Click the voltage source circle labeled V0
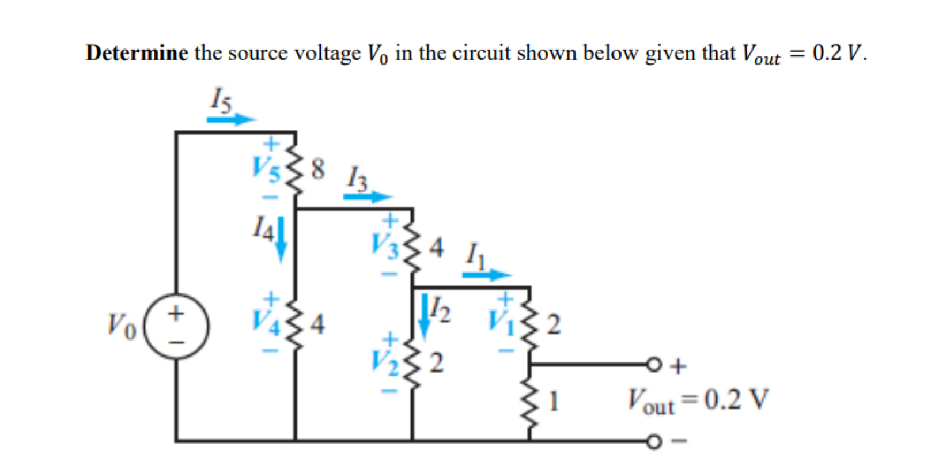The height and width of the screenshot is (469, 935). click(x=176, y=327)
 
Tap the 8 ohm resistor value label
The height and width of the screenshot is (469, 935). click(x=318, y=169)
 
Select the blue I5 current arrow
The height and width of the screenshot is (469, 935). click(x=231, y=119)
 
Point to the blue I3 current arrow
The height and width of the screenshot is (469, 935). click(x=367, y=196)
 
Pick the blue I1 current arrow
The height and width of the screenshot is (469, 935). click(x=486, y=275)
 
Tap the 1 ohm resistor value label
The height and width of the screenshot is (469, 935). click(x=554, y=401)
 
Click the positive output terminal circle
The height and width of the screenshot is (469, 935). click(x=653, y=365)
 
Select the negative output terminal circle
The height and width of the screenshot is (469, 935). click(x=653, y=442)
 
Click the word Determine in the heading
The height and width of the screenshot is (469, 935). click(x=137, y=53)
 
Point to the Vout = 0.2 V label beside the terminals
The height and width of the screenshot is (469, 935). click(x=698, y=400)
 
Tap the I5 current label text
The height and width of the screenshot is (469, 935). click(x=221, y=99)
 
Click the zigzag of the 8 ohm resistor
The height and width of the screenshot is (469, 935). click(x=295, y=171)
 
